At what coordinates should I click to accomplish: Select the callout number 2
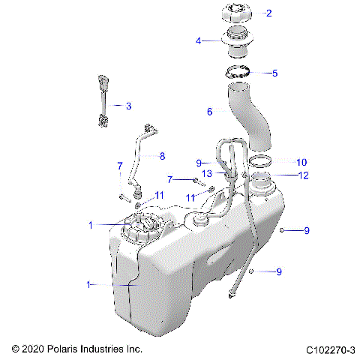[269, 13]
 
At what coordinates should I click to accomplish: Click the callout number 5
[274, 73]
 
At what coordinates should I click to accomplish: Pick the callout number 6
[210, 112]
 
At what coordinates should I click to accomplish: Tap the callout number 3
[128, 106]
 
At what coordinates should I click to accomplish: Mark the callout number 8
[161, 156]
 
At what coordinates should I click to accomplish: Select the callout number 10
[301, 162]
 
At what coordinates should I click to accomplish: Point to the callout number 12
[303, 175]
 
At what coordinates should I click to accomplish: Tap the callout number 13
[207, 173]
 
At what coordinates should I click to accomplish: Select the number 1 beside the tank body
[90, 284]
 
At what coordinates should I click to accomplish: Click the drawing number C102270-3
[331, 349]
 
